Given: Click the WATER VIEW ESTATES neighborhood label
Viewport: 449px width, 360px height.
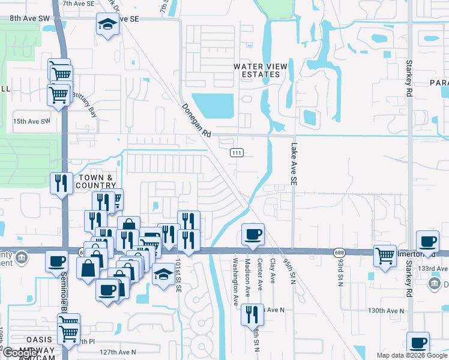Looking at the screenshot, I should pyautogui.click(x=257, y=70).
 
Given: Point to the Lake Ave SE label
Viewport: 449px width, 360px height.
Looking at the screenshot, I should pyautogui.click(x=294, y=163).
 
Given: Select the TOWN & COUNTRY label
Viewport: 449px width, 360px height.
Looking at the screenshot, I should pyautogui.click(x=95, y=181).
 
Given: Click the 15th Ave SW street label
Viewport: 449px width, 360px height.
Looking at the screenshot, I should pyautogui.click(x=31, y=121).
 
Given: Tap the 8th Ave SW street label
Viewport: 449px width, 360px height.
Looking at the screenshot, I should pyautogui.click(x=29, y=19).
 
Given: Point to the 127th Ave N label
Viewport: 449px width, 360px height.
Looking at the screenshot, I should pyautogui.click(x=118, y=352).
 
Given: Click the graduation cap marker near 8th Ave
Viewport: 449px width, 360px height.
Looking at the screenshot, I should pyautogui.click(x=107, y=25).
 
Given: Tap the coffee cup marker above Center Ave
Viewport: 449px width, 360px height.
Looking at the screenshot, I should pyautogui.click(x=252, y=234).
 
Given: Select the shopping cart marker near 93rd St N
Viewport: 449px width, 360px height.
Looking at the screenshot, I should pyautogui.click(x=384, y=256).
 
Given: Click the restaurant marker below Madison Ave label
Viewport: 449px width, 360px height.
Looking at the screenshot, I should pyautogui.click(x=252, y=314).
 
